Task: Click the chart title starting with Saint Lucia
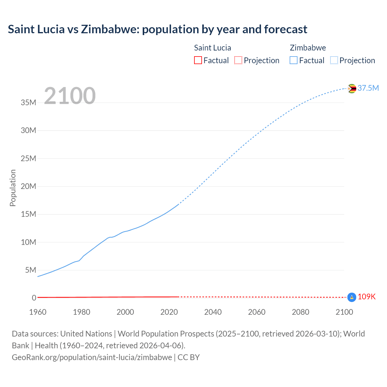tap(158, 29)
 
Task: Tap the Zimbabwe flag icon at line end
tap(352, 89)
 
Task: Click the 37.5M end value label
tap(368, 88)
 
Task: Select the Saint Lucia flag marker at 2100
tap(352, 297)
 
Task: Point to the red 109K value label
tap(366, 297)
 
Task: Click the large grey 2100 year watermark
tap(70, 96)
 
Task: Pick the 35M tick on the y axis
tap(28, 102)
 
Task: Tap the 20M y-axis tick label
tap(28, 186)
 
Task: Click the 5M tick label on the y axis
tap(31, 270)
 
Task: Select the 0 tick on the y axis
tap(34, 298)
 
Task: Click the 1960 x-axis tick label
tap(38, 312)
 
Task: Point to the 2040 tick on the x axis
tap(213, 312)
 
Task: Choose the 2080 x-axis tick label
tap(301, 312)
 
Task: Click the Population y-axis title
tap(13, 188)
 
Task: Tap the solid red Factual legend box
tap(198, 60)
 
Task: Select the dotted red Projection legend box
tap(238, 60)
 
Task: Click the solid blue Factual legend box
tap(294, 60)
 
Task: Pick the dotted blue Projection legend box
tap(334, 60)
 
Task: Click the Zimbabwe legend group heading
tap(308, 48)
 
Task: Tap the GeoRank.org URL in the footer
tap(92, 357)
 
